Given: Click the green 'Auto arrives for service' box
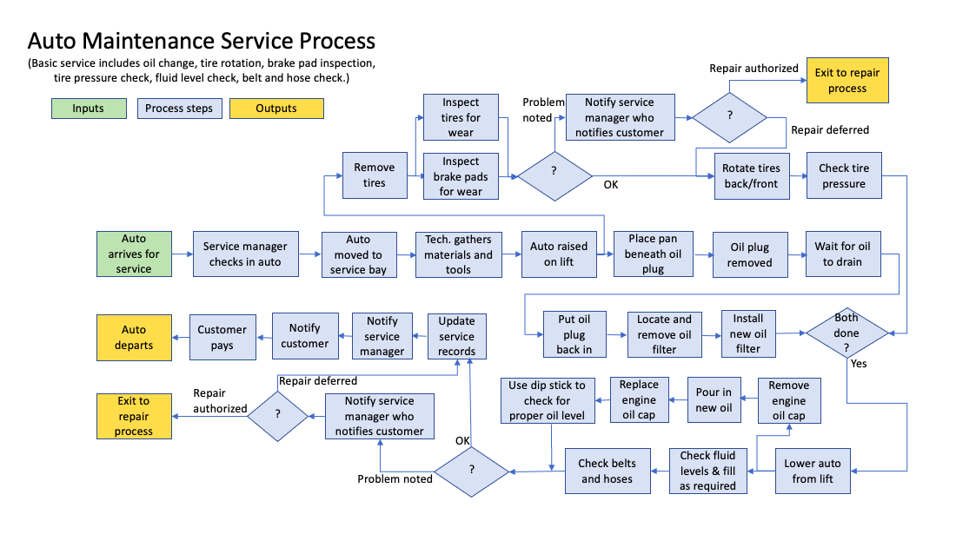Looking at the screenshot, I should click(x=134, y=254).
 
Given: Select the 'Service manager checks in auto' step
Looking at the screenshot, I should click(x=245, y=254).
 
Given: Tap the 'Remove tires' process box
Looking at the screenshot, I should click(x=375, y=175).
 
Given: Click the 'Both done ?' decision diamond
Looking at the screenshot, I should click(x=847, y=333).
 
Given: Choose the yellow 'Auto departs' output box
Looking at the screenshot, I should click(x=134, y=338).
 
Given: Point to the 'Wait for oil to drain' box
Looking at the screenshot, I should click(x=842, y=254).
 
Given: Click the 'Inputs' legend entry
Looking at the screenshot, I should click(x=88, y=109).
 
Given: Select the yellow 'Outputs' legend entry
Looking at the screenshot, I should click(x=276, y=109).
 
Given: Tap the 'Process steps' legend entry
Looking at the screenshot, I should click(x=180, y=109).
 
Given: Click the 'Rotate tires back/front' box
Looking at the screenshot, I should click(x=751, y=175).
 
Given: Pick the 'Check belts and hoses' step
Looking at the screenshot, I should click(x=607, y=471).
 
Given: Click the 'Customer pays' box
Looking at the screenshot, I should click(x=222, y=338).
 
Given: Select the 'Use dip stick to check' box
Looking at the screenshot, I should click(x=547, y=400).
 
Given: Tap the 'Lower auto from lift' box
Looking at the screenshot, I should click(x=813, y=471).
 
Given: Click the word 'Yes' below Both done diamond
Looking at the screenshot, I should click(x=859, y=364).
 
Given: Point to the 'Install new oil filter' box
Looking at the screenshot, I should click(x=747, y=333).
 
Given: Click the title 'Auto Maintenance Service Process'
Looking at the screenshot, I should click(x=202, y=41).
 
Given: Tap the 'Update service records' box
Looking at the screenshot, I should click(x=457, y=336).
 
